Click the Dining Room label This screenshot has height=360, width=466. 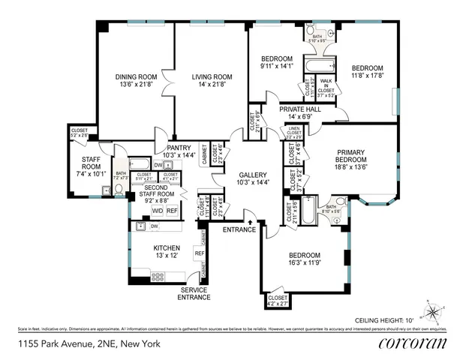click(x=136, y=76)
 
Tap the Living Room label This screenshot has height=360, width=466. click(x=211, y=76)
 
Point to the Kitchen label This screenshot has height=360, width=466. click(x=167, y=247)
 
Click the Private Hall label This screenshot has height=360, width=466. click(x=300, y=109)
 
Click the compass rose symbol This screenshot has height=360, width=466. click(x=434, y=310)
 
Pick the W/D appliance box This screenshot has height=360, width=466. click(x=158, y=211)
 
